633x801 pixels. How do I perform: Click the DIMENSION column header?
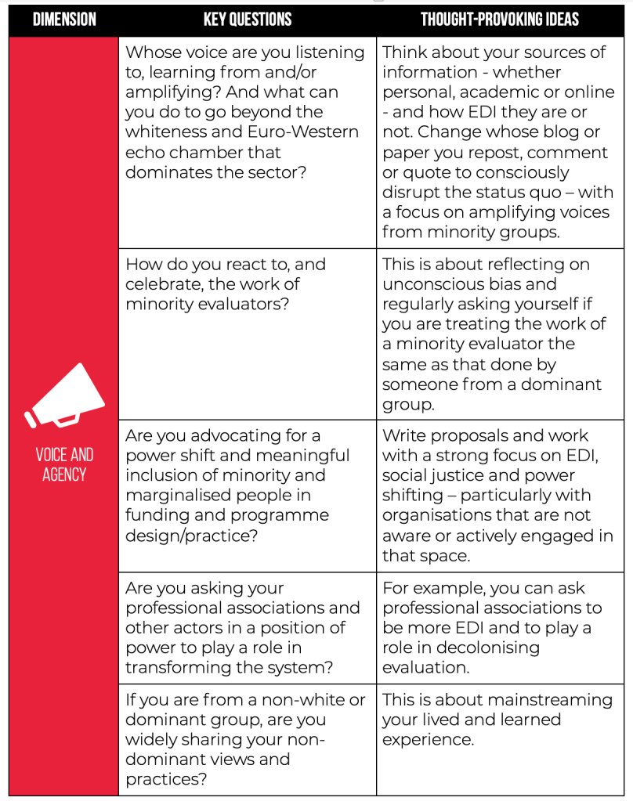click(x=63, y=20)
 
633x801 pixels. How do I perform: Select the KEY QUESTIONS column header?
click(x=248, y=20)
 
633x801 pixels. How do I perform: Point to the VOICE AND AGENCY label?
click(x=63, y=464)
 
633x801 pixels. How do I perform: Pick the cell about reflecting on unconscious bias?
click(x=494, y=334)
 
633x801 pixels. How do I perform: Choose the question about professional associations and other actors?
click(x=243, y=628)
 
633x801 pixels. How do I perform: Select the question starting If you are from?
click(x=245, y=739)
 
